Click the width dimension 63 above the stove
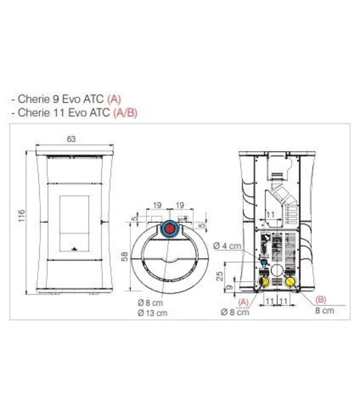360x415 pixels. pos(71,139)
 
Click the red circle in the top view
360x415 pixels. pos(170,228)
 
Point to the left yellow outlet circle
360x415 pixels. pos(265,282)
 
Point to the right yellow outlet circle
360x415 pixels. pos(290,282)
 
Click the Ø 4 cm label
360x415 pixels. pos(229,246)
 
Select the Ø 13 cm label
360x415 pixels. pos(154,313)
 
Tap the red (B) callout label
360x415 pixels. pos(321,299)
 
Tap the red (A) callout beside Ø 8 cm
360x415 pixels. pos(243,302)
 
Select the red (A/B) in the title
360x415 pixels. pos(125,112)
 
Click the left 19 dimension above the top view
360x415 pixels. pos(157,205)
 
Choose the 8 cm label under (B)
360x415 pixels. pos(325,311)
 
